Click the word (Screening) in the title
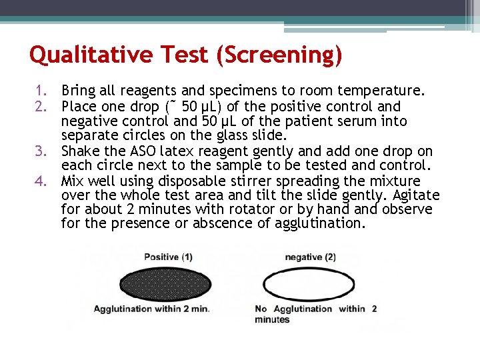pos(279,55)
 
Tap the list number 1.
pos(41,91)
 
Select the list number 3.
pos(41,151)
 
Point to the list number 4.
pos(41,181)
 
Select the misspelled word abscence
pos(224,224)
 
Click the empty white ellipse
pos(309,285)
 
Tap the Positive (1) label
pos(168,257)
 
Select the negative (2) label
pos(310,257)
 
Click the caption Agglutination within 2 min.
pos(151,309)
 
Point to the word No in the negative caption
pos(261,309)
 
